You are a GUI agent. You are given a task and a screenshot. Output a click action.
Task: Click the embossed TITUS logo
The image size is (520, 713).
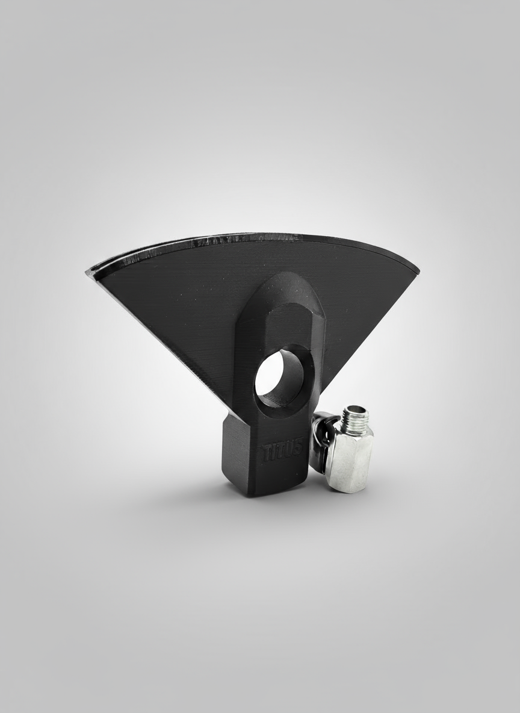(x=282, y=450)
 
